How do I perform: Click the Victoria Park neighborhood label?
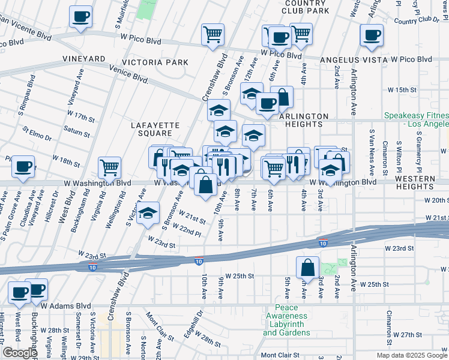point(155,62)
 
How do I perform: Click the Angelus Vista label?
point(354,59)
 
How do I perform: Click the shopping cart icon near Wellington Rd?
point(109,167)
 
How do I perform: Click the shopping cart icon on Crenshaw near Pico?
point(212,34)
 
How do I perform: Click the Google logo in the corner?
point(20,353)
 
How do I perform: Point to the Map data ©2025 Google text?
point(412,355)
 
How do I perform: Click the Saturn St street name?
point(76,131)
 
